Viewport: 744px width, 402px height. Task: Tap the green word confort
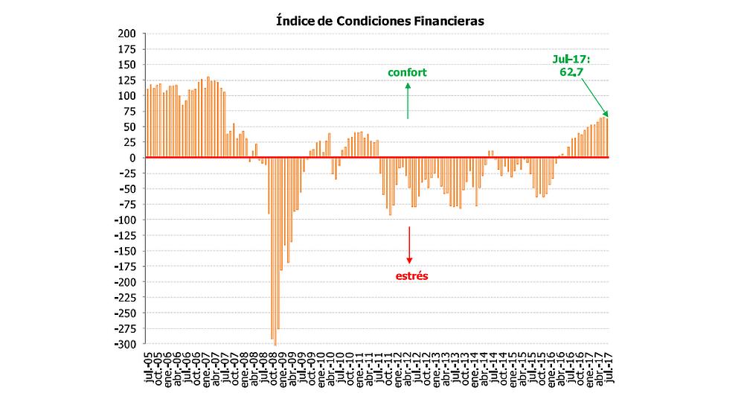[408, 72]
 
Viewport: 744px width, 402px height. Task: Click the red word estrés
[411, 275]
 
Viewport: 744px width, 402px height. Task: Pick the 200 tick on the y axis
[127, 33]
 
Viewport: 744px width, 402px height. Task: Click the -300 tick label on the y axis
[124, 344]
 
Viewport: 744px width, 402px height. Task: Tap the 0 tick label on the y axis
[132, 158]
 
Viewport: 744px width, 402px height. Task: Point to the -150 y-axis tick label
[124, 251]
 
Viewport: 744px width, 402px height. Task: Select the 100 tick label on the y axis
[127, 96]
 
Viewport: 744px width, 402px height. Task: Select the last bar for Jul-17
[607, 138]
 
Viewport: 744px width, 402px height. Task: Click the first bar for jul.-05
[148, 124]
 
